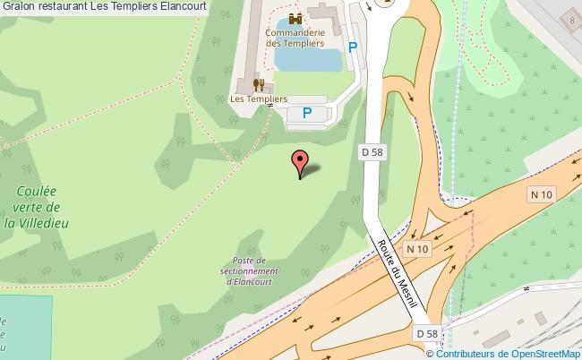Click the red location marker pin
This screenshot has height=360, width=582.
(x=300, y=163)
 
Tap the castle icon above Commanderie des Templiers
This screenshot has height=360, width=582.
(x=295, y=18)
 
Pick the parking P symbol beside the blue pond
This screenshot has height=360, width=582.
(x=353, y=47)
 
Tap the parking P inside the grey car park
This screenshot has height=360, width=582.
(x=307, y=113)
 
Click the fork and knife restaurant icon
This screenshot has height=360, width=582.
(x=258, y=85)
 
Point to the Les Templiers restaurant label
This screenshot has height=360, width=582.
(x=258, y=99)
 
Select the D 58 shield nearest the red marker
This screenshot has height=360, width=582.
(x=372, y=152)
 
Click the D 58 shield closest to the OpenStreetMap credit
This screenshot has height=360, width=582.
(x=426, y=334)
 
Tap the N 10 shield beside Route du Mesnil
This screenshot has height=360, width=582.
(x=417, y=248)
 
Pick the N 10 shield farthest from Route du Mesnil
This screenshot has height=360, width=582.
(x=541, y=194)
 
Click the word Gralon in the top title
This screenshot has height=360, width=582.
(x=19, y=5)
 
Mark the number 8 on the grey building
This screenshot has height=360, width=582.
(x=571, y=21)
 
